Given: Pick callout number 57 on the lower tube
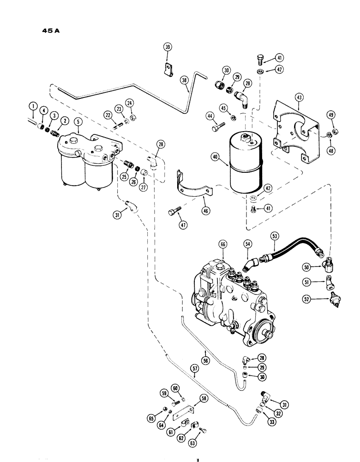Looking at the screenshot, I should click(195, 369).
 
